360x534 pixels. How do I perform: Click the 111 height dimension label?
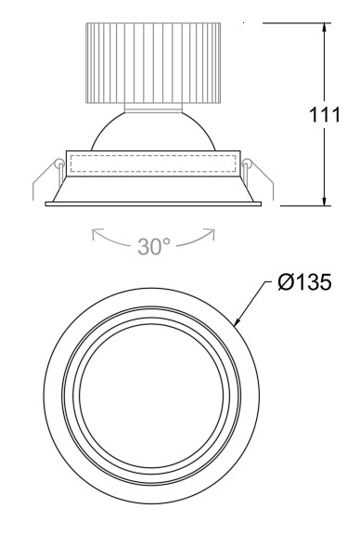[x=324, y=115]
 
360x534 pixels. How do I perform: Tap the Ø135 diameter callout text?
[x=304, y=282]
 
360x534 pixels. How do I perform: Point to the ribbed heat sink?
[x=153, y=63]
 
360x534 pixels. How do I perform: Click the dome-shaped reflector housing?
[x=153, y=131]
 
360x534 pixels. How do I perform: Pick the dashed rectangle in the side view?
[x=153, y=163]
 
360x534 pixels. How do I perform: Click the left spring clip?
[x=47, y=178]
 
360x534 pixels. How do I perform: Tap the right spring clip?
[x=258, y=178]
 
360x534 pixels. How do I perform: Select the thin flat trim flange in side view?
[x=153, y=204]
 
